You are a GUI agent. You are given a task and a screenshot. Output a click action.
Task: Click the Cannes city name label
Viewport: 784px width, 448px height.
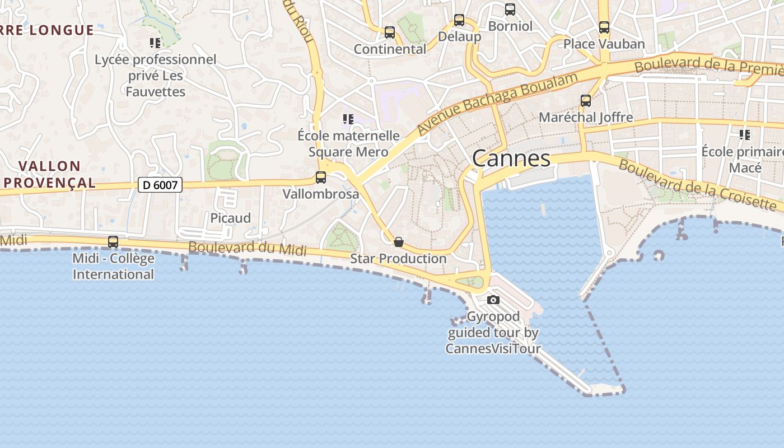point(511,158)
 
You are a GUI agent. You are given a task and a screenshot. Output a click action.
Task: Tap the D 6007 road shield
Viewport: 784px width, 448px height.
point(160,185)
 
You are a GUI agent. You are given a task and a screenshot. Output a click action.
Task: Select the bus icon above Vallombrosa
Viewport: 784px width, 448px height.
point(321,178)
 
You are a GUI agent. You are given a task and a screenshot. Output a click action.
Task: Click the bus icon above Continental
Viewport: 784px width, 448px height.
point(390,32)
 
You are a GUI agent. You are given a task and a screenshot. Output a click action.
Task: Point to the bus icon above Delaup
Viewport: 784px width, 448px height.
point(459,20)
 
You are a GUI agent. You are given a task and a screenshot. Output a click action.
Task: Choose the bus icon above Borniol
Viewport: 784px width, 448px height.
point(510,10)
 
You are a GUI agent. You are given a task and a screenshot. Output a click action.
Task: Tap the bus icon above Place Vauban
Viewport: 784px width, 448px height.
point(604,27)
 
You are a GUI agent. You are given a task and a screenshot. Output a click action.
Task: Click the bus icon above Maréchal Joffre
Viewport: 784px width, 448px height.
point(586,101)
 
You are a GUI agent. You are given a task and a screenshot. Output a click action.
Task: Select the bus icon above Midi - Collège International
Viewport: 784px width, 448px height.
point(113,242)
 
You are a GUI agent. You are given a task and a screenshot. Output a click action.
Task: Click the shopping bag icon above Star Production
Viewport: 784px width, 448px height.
point(399,242)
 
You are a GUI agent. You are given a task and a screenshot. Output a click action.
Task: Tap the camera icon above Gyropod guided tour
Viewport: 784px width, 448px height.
point(493,300)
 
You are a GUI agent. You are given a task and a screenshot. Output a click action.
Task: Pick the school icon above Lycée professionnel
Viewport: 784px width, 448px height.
point(155,43)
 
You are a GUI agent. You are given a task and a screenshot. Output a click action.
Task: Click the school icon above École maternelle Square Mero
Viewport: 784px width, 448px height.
point(348,119)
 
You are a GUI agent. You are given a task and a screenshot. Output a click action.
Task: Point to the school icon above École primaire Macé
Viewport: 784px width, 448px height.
point(745,134)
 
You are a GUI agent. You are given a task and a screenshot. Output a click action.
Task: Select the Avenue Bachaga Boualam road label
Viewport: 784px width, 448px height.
point(497,103)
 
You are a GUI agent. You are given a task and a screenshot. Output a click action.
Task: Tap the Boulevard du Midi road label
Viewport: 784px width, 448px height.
point(248,248)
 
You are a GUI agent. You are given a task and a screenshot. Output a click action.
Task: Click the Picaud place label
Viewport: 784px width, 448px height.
point(230,218)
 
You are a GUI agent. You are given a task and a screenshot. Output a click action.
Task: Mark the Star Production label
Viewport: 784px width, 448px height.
point(398,259)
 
